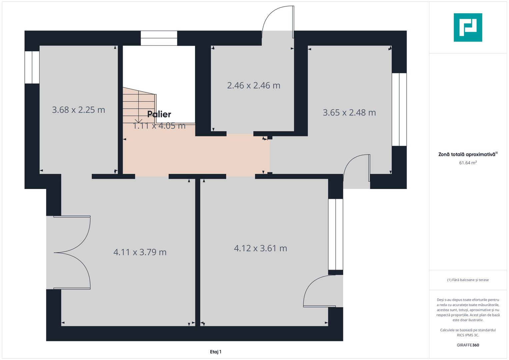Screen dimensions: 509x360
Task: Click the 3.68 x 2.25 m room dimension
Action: point(78,110)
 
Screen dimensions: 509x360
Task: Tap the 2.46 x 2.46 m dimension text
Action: point(254,85)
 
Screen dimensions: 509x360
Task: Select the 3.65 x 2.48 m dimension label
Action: point(349,113)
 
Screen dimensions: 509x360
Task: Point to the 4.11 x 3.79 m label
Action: point(140,252)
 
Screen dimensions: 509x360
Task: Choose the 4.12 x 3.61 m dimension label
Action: point(260,248)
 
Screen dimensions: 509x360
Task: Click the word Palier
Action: point(159,114)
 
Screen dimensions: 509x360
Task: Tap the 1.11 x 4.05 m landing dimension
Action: point(159,126)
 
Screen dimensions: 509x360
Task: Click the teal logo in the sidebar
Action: point(468,27)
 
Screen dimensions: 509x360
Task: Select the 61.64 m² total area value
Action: point(468,163)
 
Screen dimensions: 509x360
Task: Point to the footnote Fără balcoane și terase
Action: point(468,280)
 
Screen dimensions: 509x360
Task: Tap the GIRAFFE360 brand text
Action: point(468,345)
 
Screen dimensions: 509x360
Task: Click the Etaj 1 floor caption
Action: point(216,352)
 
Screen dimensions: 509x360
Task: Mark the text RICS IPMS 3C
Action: point(468,335)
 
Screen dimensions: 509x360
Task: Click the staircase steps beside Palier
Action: point(139,106)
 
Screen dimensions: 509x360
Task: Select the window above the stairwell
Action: point(159,38)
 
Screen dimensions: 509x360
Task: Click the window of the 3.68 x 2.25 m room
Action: point(32,67)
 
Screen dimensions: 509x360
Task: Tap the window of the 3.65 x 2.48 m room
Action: point(399,109)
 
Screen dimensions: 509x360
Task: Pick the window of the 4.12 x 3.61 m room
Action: point(336,234)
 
